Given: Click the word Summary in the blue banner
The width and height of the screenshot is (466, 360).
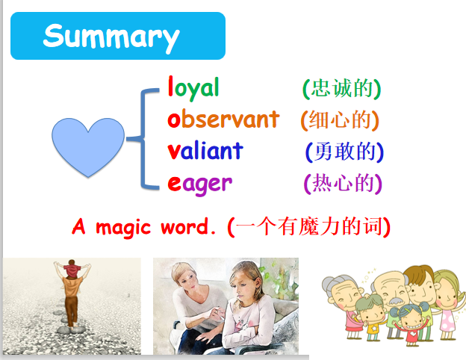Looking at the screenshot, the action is pos(111,37).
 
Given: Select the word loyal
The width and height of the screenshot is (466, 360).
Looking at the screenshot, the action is pos(193,87).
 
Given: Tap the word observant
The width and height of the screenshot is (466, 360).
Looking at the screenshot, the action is pos(223,119).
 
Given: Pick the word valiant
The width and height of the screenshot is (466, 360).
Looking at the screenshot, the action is pos(205,150).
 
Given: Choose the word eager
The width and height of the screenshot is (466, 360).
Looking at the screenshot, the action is pos(199,184).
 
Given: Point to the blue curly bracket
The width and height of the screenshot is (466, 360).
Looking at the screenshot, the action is pos(143,138).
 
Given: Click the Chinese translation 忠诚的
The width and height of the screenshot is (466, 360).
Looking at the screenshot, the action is pos(342,88).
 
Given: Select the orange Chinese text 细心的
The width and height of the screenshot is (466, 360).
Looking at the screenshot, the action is pos(340,120).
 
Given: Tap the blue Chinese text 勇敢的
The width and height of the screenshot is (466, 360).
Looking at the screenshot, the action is pos(345,152).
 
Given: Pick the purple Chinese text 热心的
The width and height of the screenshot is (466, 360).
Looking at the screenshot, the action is pos(343,183).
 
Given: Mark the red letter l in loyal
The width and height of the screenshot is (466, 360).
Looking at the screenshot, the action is pos(170,86).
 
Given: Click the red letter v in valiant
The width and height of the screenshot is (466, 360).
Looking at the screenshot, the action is pos(173,152).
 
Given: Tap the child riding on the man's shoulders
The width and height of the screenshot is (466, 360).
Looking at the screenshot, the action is pos(72,269).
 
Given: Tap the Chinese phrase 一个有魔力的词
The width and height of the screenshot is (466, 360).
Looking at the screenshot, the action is pos(309,227).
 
